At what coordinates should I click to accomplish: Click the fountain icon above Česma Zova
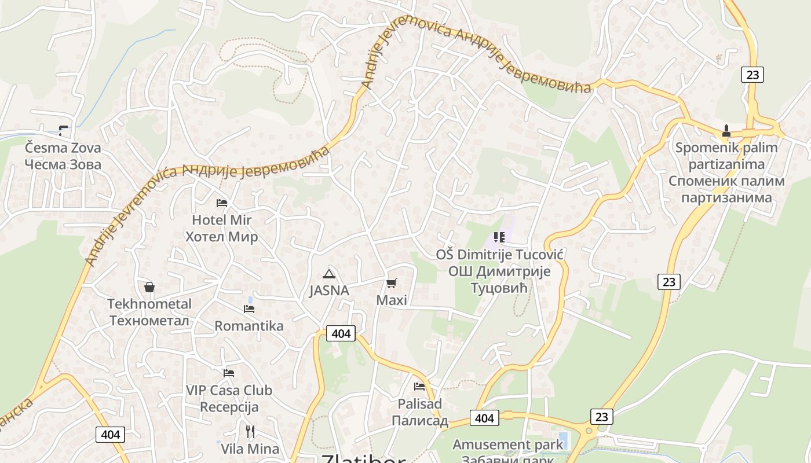63,131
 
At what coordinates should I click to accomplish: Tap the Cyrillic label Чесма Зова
63,164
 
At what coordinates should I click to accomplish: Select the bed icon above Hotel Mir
222,203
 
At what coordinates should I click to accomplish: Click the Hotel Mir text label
221,220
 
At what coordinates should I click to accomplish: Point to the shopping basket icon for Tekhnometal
149,287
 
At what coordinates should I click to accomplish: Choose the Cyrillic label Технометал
149,321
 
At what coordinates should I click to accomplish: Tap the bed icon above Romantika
249,309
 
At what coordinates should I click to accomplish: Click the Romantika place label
249,326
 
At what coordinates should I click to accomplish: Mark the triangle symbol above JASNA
329,274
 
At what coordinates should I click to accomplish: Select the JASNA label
329,291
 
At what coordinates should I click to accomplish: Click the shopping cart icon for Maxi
392,283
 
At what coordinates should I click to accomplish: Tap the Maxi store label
392,300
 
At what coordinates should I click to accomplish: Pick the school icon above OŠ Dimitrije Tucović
499,237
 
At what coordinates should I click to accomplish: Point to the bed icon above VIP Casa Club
229,373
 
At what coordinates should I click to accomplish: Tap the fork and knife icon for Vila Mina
250,432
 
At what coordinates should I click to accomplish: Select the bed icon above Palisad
419,387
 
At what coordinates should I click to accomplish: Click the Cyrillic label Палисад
419,420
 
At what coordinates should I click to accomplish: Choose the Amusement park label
507,444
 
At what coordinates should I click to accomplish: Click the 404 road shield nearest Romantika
341,333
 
